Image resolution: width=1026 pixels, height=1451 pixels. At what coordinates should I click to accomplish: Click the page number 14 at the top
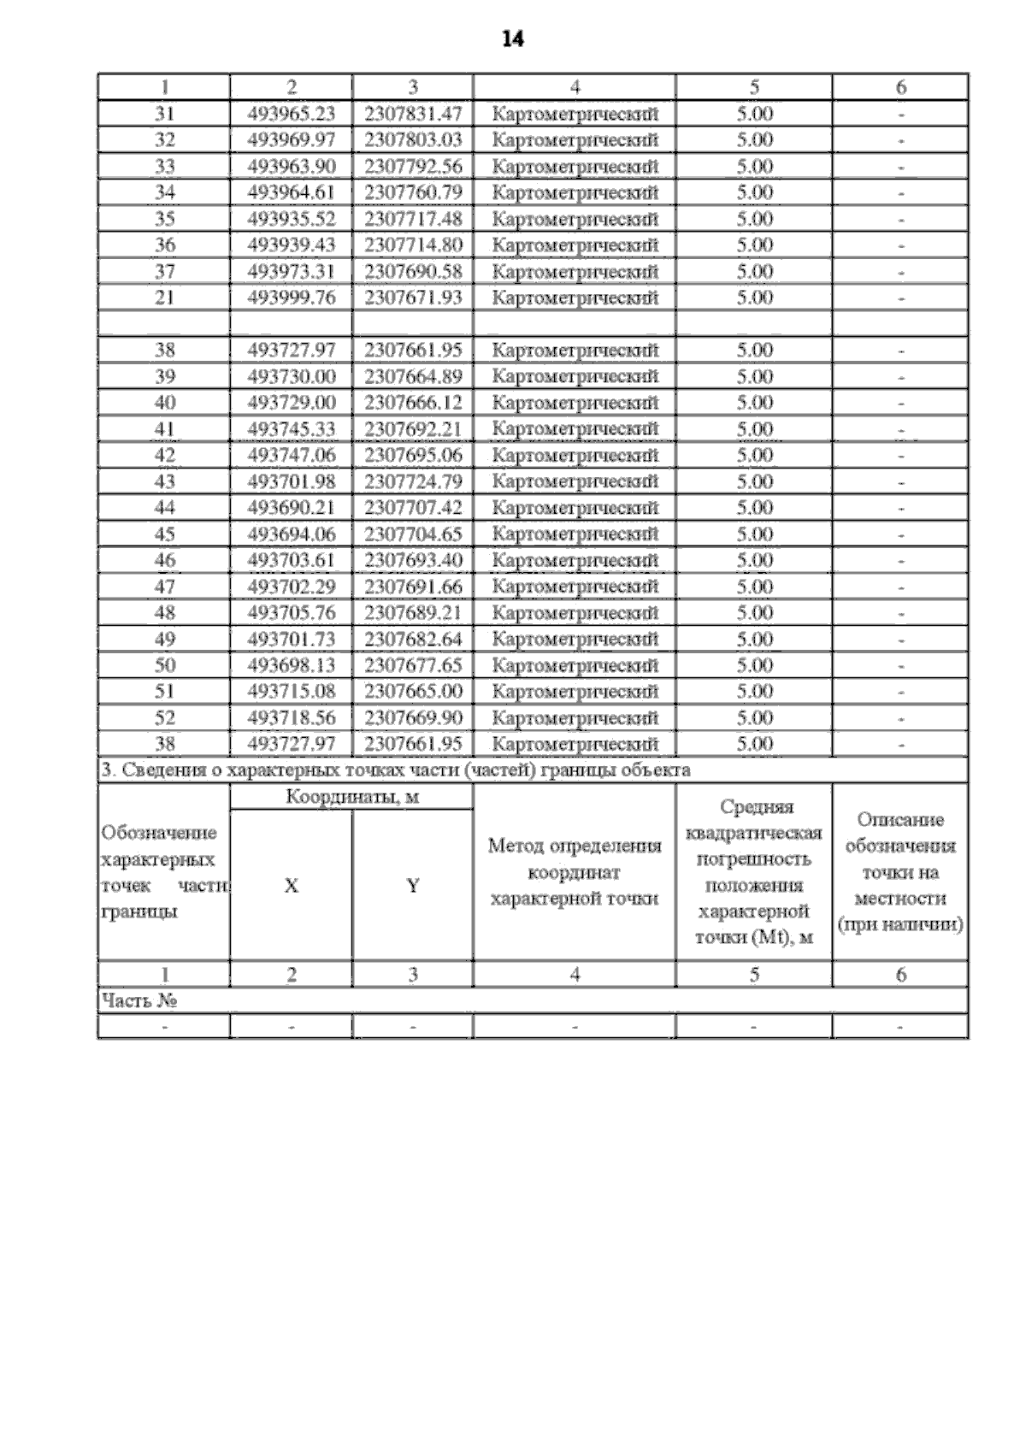coord(513,39)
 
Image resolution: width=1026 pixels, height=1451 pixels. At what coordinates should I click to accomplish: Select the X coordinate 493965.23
coord(292,114)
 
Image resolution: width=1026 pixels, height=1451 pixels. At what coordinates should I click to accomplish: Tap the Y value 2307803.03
coord(413,139)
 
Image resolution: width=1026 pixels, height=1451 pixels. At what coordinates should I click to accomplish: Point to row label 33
coord(164,166)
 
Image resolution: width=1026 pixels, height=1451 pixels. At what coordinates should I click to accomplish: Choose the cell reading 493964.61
coord(292,192)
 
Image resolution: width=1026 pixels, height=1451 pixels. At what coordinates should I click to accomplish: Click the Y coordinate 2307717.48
coord(413,219)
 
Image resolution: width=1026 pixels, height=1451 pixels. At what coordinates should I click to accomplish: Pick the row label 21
coord(164,298)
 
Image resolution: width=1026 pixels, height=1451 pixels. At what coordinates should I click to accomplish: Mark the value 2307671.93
coord(413,298)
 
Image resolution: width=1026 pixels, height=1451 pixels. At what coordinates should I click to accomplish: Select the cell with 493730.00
coord(292,376)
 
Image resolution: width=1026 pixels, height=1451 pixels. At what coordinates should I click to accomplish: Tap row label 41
coord(164,429)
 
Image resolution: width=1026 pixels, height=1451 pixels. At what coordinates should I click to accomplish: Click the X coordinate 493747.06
coord(292,455)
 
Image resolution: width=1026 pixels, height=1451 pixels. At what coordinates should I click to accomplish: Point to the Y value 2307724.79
coord(413,481)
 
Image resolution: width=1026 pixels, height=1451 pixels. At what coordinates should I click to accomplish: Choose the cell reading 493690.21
coord(292,508)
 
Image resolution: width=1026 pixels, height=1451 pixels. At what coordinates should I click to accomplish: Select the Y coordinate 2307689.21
coord(413,613)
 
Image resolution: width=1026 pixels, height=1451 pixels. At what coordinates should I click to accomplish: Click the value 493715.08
coord(292,691)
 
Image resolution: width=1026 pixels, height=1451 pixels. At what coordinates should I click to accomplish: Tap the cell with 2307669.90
coord(413,717)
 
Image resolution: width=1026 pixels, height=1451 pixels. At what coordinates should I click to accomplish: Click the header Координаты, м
coord(352,798)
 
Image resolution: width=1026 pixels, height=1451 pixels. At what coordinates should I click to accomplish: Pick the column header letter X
coord(292,886)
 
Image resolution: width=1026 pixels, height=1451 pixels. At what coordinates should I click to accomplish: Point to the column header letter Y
coord(413,886)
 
